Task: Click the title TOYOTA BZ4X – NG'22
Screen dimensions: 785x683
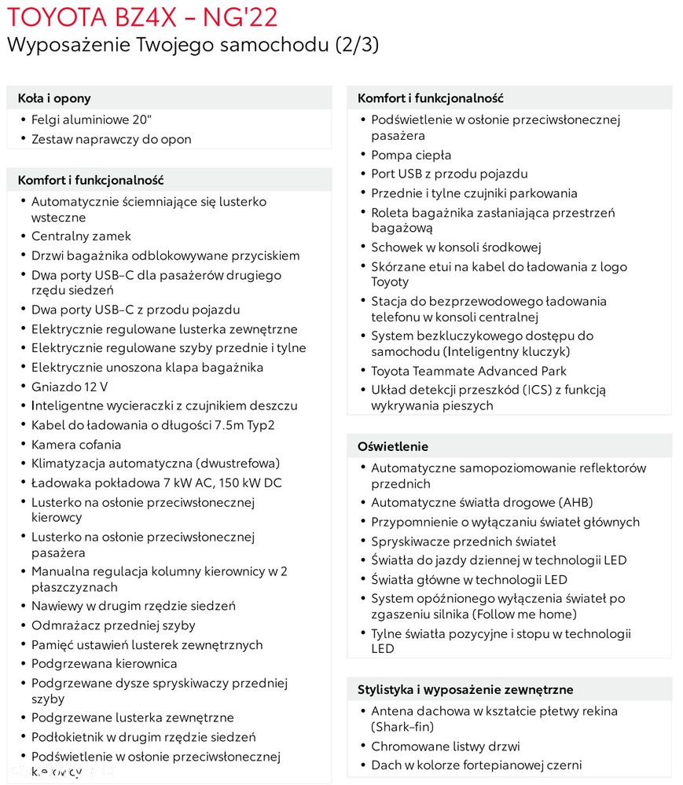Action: tap(141, 17)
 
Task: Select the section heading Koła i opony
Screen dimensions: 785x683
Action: tap(54, 98)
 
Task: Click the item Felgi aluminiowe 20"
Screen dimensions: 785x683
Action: tap(91, 119)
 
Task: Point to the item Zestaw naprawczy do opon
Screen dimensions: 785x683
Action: tap(111, 139)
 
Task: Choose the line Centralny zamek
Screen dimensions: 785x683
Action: tap(81, 236)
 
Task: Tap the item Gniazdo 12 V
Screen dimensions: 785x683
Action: tap(69, 387)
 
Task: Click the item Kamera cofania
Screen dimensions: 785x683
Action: tap(76, 445)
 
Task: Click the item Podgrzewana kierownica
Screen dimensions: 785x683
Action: tap(104, 664)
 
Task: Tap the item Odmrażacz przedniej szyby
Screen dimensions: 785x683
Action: tap(113, 625)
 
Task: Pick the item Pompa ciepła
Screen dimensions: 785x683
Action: tap(411, 155)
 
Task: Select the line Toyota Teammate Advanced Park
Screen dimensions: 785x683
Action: tap(468, 371)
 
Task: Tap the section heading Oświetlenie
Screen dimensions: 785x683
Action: tap(393, 446)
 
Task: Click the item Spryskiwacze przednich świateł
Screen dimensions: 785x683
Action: tap(463, 541)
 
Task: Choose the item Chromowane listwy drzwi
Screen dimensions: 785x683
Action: tap(445, 746)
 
